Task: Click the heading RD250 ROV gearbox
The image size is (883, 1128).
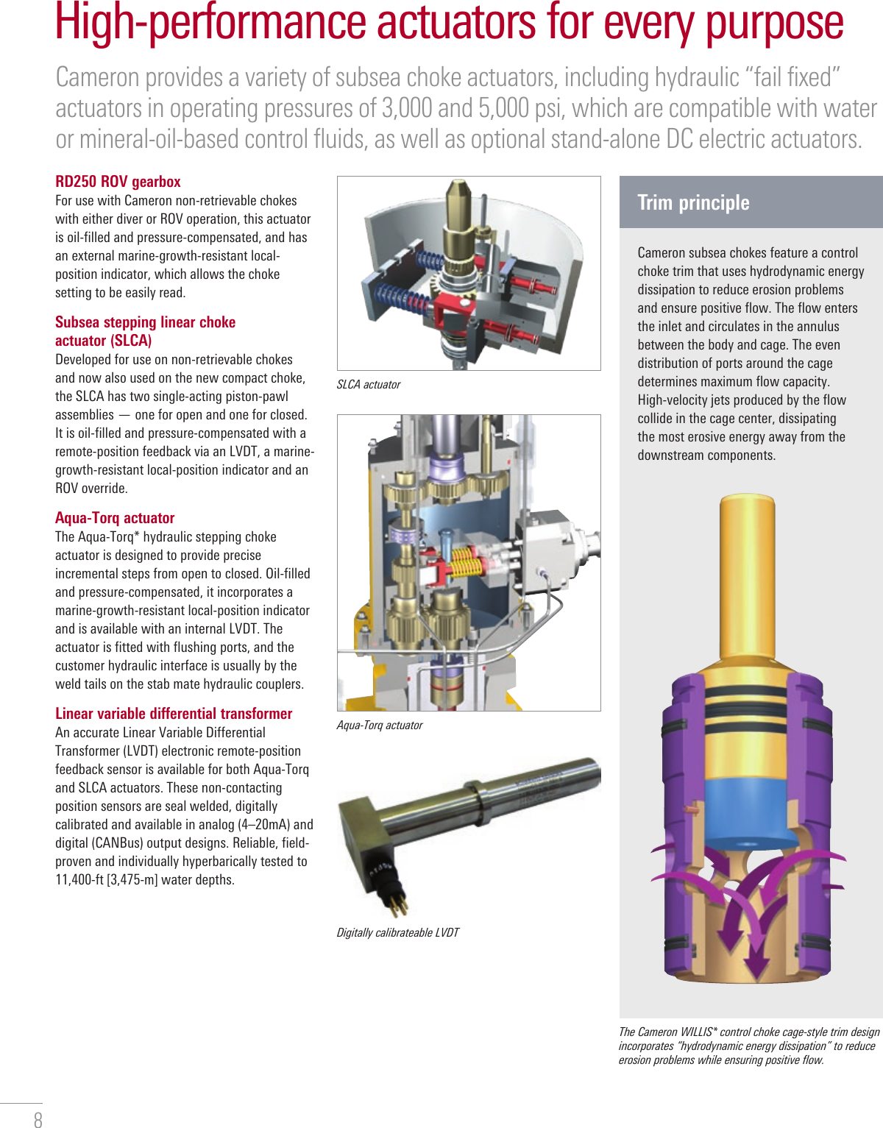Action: point(118,182)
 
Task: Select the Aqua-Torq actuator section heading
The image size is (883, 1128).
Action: point(115,518)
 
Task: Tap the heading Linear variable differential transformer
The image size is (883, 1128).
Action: point(174,714)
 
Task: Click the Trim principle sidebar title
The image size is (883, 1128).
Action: point(693,202)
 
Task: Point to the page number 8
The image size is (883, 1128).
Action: point(38,1119)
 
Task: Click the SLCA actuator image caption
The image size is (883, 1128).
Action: point(369,385)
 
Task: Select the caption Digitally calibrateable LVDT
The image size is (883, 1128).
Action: point(397,933)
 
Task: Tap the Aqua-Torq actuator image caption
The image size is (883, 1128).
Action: point(380,726)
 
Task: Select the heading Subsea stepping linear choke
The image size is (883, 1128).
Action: point(146,322)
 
